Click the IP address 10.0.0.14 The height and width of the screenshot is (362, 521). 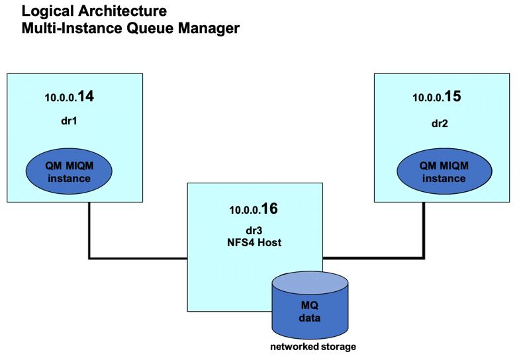click(x=69, y=97)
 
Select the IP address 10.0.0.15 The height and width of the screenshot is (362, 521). click(x=437, y=97)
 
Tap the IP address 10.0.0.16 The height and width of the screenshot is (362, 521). click(x=254, y=209)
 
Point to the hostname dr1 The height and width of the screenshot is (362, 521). click(x=69, y=121)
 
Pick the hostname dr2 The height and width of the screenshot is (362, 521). click(x=440, y=124)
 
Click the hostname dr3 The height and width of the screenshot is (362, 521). click(x=254, y=230)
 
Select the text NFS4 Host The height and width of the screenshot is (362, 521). click(x=254, y=242)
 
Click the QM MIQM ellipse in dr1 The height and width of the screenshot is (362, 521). click(x=69, y=171)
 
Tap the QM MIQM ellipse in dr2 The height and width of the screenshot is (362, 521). click(x=444, y=171)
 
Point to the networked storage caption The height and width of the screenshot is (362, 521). click(x=313, y=347)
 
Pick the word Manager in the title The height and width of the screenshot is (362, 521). click(x=209, y=28)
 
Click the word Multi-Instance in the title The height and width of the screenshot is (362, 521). click(x=72, y=28)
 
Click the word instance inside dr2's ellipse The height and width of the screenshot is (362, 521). click(x=444, y=178)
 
